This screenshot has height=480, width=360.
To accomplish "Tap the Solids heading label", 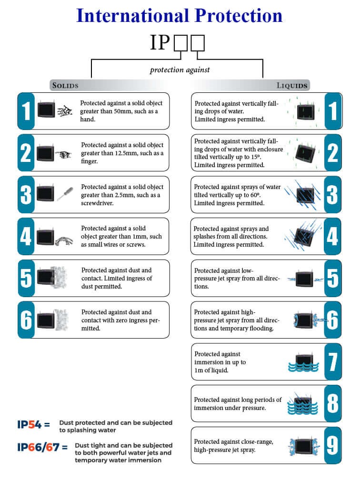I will pos(65,86).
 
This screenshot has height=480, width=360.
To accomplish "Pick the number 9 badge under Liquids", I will pos(333,445).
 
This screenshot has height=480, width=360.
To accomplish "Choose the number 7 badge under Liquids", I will pos(333,361).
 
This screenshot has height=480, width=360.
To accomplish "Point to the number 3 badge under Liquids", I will pos(333,194).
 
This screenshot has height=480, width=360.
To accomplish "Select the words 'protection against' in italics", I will pos(180,70).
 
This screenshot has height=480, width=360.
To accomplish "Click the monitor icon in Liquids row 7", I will pos(303,359).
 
